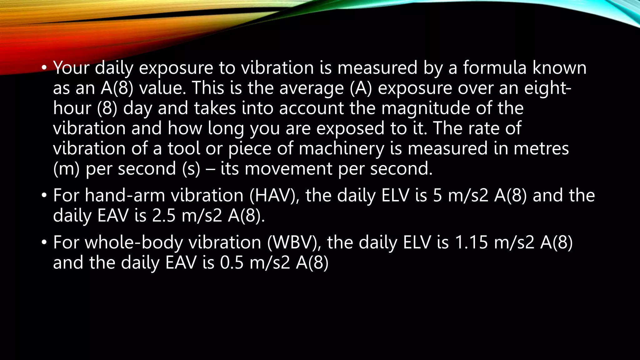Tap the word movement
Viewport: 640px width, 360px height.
(x=288, y=169)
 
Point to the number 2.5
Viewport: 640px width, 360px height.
(x=164, y=216)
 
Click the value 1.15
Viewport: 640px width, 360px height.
(x=471, y=242)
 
